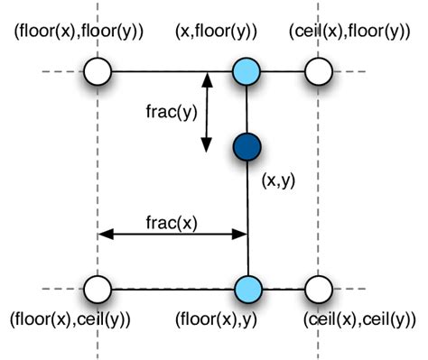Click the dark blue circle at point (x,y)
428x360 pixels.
246,145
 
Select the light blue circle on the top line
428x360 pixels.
246,71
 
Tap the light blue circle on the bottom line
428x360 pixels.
247,290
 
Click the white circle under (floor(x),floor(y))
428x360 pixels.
97,71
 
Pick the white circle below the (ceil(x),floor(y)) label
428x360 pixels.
317,71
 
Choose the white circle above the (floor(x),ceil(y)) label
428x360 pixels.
97,290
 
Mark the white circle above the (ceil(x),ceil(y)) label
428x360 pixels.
317,290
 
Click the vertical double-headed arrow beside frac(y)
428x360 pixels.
207,112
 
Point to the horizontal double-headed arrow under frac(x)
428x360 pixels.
172,235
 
